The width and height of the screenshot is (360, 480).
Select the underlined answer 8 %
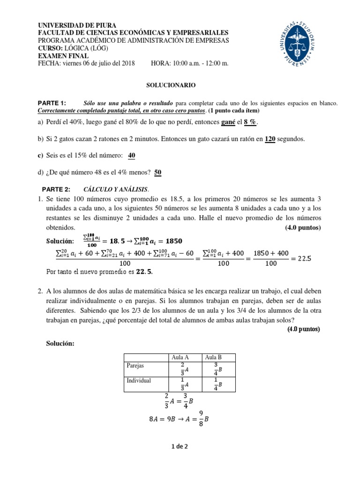[251, 122]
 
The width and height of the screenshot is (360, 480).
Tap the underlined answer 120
[270, 139]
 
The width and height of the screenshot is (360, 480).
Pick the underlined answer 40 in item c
[132, 156]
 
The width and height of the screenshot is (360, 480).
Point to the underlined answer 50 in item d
[158, 172]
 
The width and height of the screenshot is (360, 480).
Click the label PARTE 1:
[52, 103]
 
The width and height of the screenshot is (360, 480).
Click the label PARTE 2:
[56, 189]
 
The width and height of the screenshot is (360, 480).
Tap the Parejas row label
[136, 366]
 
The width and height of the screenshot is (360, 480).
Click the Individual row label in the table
[139, 380]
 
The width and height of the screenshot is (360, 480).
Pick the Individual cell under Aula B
[217, 384]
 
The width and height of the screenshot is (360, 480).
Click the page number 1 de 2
[180, 447]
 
